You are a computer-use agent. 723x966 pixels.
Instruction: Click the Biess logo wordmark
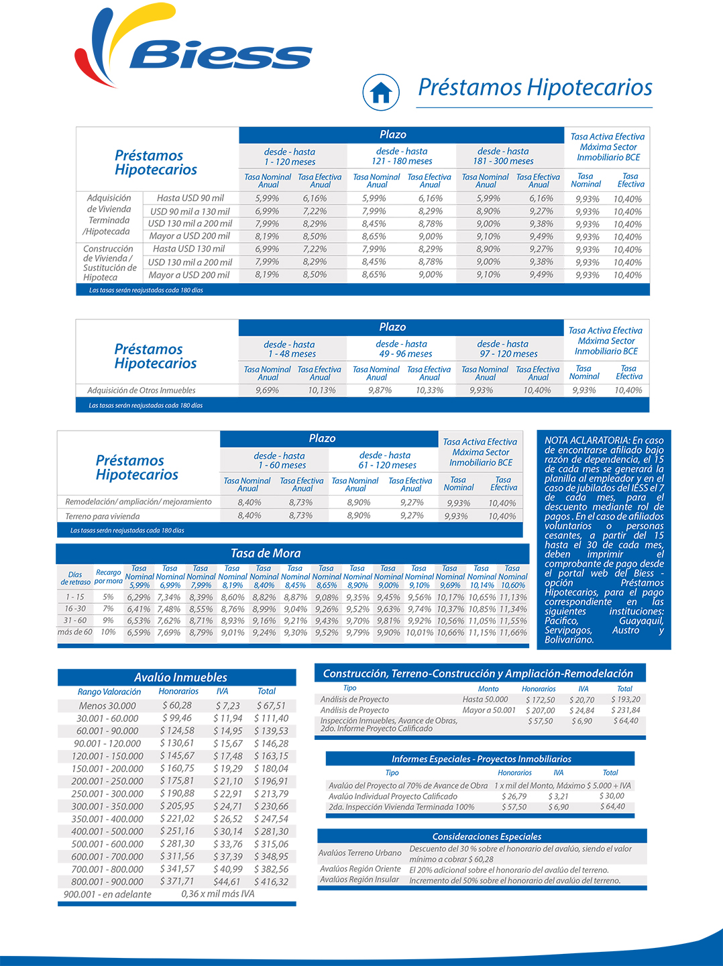(x=221, y=54)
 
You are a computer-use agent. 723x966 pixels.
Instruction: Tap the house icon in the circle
(x=381, y=92)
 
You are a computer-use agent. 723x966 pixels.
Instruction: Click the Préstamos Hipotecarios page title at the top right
(x=535, y=87)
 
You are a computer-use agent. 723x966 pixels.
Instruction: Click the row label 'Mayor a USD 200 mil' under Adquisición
(x=189, y=236)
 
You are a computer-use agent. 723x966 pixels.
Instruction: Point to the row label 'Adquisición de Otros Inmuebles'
(x=141, y=390)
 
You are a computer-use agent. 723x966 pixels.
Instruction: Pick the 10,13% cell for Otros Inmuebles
(x=322, y=390)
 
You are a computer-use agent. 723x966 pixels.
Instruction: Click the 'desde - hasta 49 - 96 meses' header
(x=401, y=349)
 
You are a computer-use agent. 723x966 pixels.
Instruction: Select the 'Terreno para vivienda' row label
(x=103, y=517)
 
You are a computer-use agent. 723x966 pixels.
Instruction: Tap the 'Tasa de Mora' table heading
(x=266, y=553)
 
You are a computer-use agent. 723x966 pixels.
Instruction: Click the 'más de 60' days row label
(x=75, y=632)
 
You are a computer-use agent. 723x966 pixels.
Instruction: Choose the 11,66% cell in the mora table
(x=513, y=633)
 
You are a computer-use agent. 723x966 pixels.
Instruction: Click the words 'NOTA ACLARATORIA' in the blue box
(x=587, y=441)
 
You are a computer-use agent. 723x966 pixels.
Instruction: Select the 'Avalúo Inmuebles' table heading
(x=180, y=678)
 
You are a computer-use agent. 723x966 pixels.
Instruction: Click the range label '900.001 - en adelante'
(x=107, y=894)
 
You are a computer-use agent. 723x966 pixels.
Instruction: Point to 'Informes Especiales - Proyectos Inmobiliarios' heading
(x=482, y=759)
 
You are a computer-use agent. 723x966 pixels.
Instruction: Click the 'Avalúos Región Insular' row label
(x=359, y=879)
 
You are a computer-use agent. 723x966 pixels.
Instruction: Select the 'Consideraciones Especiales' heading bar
(x=486, y=837)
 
